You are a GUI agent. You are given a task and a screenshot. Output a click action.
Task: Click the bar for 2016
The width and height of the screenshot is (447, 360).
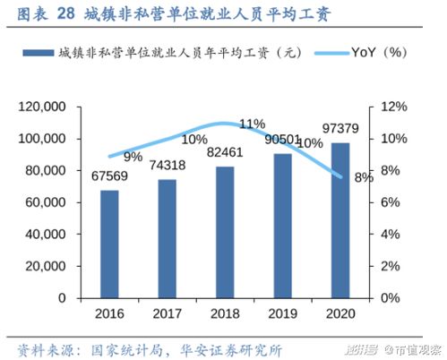tap(108, 244)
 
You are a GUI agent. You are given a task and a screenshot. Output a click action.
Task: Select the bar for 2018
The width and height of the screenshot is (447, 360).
tap(225, 232)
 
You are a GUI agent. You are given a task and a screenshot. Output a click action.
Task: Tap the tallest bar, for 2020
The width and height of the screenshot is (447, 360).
tap(341, 220)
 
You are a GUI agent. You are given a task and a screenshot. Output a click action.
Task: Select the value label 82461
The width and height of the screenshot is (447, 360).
tap(226, 151)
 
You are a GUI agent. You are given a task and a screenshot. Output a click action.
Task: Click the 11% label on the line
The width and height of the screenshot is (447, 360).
tap(253, 124)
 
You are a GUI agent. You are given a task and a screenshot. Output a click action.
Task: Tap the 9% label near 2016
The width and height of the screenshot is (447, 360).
tap(133, 158)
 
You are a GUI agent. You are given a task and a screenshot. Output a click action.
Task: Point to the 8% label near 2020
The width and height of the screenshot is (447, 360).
tap(364, 177)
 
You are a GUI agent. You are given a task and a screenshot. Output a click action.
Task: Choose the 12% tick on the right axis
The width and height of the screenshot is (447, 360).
tap(393, 107)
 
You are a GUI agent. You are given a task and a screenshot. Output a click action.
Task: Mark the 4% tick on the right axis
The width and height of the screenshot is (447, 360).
tap(390, 235)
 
